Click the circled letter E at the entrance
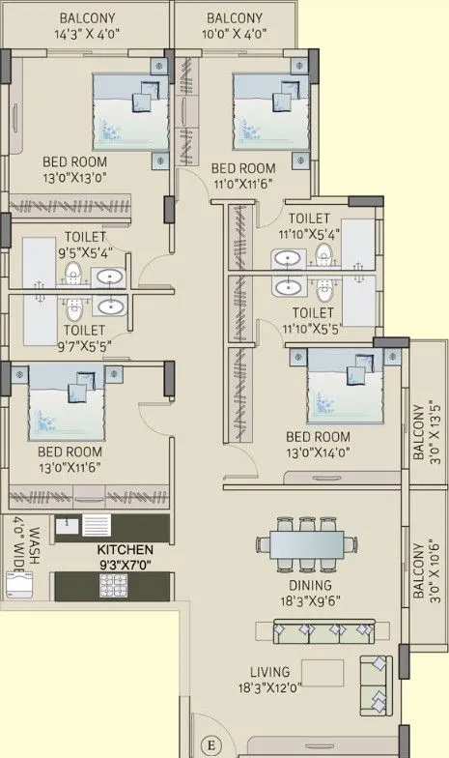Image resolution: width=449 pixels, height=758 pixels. tap(211, 744)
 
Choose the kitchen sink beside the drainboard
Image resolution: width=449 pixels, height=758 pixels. tap(67, 525)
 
